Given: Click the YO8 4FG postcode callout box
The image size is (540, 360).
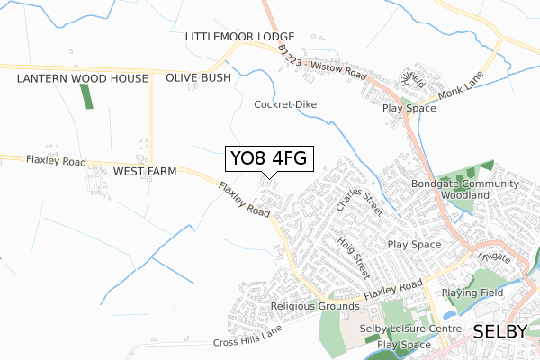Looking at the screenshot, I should pos(268,158).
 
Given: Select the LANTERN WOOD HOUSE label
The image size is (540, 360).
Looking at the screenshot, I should pos(82,79).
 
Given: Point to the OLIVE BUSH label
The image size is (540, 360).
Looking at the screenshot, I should pos(198,78).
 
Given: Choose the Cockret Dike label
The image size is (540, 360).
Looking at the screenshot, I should pos(285,104).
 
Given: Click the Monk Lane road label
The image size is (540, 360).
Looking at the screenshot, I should pos(461,85).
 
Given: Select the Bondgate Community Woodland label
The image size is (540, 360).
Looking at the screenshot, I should pos(465,189).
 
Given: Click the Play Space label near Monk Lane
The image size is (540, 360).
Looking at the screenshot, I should pos(409,108).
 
